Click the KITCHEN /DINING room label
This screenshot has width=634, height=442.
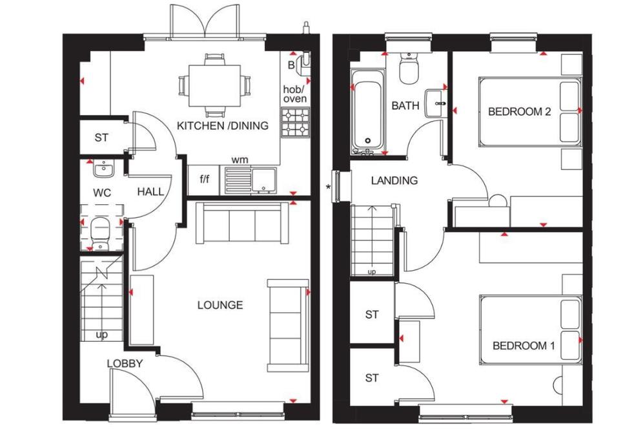tap(222, 125)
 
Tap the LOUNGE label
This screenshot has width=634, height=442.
tap(220, 305)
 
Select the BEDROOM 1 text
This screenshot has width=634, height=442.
tap(523, 346)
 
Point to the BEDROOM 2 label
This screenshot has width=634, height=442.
tap(519, 112)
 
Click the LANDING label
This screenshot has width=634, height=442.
tap(394, 181)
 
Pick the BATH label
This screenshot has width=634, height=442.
tap(405, 105)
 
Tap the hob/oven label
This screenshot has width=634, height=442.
tap(295, 94)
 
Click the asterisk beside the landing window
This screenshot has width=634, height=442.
tap(329, 188)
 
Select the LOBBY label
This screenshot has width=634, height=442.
tap(125, 364)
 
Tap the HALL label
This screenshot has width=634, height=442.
tap(150, 192)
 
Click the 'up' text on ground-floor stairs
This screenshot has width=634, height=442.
tap(101, 335)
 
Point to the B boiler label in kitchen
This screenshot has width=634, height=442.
tap(291, 65)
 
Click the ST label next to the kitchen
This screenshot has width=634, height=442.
tap(101, 138)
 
